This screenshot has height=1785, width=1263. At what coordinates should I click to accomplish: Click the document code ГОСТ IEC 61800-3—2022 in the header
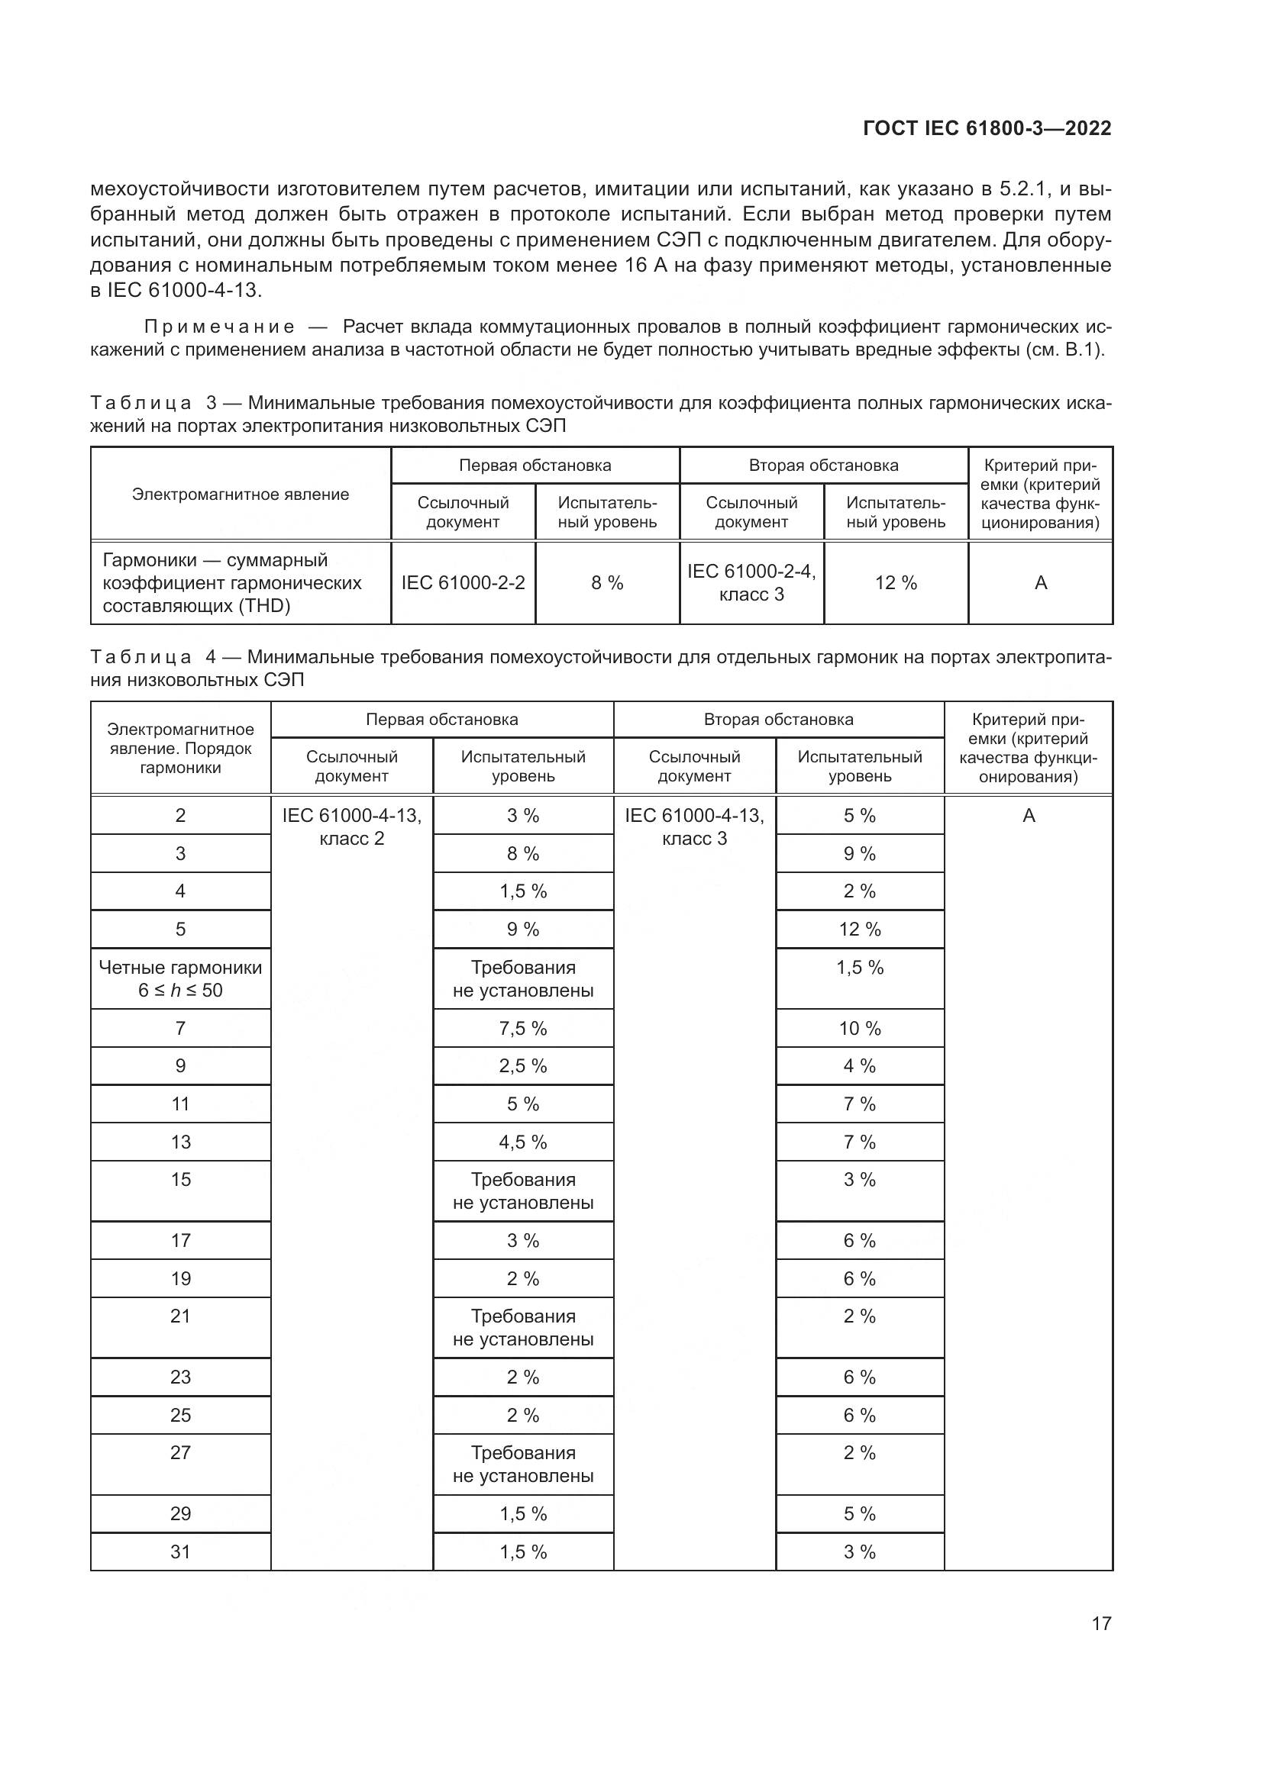[x=986, y=128]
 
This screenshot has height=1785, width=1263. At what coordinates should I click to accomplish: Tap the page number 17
[x=1101, y=1623]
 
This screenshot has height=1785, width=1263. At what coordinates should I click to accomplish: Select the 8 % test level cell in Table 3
[x=606, y=583]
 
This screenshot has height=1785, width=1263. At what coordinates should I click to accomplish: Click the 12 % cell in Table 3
[x=896, y=583]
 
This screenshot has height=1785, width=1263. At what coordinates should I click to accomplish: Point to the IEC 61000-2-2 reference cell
[x=463, y=583]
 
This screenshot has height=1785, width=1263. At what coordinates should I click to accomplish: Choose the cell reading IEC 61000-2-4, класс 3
[x=751, y=583]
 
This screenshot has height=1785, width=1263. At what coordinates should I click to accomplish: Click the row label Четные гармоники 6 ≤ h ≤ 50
[x=180, y=979]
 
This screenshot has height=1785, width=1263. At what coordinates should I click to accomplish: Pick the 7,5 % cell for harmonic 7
[x=522, y=1029]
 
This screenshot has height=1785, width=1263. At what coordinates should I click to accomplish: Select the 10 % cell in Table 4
[x=859, y=1029]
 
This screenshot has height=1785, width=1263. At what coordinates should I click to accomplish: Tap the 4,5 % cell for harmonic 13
[x=522, y=1142]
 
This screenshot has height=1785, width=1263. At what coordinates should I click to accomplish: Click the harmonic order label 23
[x=180, y=1377]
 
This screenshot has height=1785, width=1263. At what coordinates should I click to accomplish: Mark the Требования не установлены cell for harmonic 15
[x=522, y=1191]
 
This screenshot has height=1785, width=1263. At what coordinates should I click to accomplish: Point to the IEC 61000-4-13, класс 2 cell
[x=351, y=827]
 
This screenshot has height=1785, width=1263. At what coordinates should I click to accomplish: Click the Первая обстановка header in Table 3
[x=535, y=466]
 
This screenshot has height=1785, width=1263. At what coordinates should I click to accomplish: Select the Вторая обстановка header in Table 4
[x=778, y=720]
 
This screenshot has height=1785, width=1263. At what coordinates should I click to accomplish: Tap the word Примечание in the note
[x=219, y=327]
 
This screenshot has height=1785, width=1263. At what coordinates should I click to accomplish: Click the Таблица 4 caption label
[x=141, y=658]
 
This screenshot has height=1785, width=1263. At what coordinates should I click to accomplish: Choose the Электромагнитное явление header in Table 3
[x=241, y=495]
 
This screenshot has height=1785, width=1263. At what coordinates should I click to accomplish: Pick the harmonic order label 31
[x=180, y=1551]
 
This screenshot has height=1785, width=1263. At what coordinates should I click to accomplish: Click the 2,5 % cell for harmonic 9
[x=522, y=1066]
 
